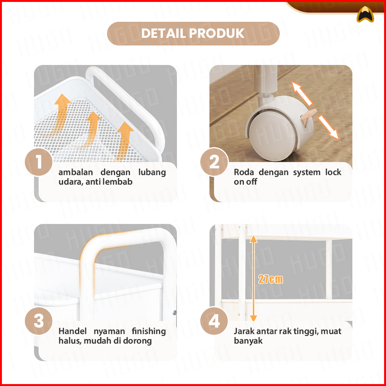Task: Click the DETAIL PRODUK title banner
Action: tap(193, 34)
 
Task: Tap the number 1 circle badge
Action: tap(39, 162)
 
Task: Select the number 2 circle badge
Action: tap(214, 162)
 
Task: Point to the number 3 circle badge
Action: tap(39, 321)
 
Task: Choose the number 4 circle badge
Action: tap(214, 321)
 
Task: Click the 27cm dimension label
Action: tap(271, 279)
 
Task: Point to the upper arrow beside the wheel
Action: tap(302, 94)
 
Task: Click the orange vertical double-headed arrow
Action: tap(253, 278)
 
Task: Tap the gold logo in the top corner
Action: tap(365, 15)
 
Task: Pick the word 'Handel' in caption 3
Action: tap(73, 331)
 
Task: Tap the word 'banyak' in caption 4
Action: tap(248, 341)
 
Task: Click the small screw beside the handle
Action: tap(175, 313)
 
